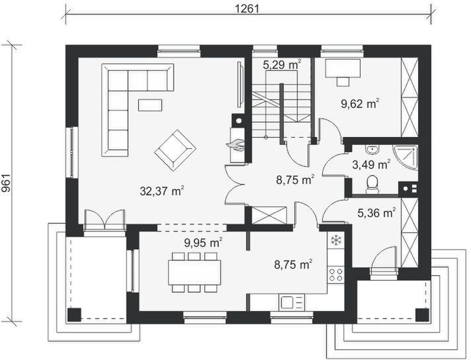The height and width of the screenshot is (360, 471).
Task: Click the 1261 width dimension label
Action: [246, 8]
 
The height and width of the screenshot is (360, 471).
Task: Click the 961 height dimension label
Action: [7, 183]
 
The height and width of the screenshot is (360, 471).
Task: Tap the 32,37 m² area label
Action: [162, 191]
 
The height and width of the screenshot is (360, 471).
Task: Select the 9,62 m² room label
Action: [360, 104]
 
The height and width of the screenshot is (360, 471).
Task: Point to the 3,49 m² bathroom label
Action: [371, 164]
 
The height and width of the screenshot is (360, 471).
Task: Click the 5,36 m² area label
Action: [376, 213]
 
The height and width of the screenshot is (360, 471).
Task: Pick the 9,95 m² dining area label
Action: [203, 242]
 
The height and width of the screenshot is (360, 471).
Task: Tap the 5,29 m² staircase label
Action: [282, 64]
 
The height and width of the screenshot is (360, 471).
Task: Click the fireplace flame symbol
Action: [236, 144]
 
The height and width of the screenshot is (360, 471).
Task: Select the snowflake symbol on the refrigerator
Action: [335, 240]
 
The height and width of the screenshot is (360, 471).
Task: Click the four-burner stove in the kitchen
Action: [335, 274]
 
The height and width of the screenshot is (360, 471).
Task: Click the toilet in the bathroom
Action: [372, 184]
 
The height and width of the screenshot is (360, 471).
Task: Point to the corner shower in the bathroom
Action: [406, 157]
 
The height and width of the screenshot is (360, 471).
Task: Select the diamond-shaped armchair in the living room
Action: [175, 150]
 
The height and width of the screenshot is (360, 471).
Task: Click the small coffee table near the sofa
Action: [150, 105]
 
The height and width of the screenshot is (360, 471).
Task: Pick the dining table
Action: [194, 272]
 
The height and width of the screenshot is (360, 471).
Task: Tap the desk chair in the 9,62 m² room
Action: [343, 81]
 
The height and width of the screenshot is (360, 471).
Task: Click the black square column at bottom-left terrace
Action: [74, 314]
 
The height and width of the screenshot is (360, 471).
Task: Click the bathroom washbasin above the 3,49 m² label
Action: [373, 148]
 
